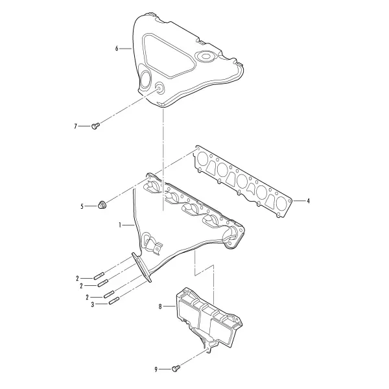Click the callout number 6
pos(117,49)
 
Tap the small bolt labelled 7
pos(95,126)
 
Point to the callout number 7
pos(76,126)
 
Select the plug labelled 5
pos(102,205)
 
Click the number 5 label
pos(82,206)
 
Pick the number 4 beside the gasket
pos(308,201)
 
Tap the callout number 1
pos(120,225)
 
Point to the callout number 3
pos(93,305)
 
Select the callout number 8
pos(160,307)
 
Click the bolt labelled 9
pos(176,368)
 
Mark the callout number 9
pos(156,370)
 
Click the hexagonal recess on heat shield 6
pos(205,56)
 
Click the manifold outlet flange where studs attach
pos(141,267)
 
